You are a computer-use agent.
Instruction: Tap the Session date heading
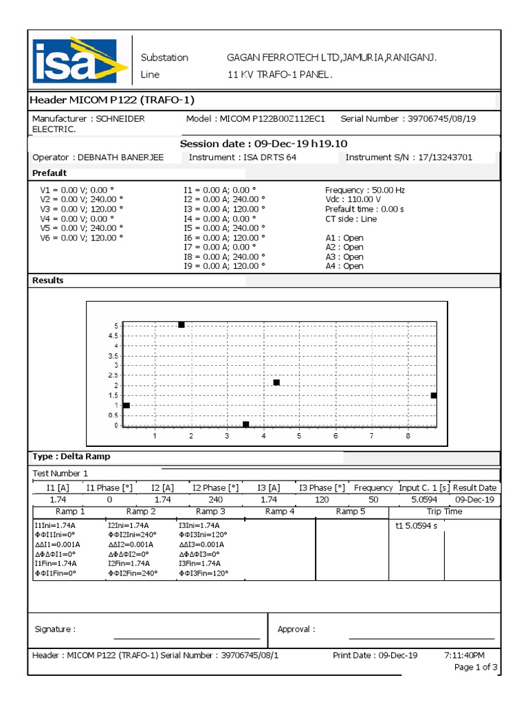[x=263, y=144]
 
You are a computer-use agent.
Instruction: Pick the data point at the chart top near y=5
[x=181, y=324]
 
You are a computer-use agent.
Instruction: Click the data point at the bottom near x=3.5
[x=246, y=425]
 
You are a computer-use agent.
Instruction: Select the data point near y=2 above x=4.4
[x=276, y=382]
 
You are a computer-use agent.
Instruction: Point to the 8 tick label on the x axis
[x=408, y=436]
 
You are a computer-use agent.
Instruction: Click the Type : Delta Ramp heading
[x=71, y=456]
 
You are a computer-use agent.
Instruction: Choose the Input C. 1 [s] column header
[x=423, y=487]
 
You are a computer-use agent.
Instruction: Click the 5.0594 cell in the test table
[x=423, y=500]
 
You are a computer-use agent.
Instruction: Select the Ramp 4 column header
[x=280, y=511]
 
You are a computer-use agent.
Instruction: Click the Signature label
[x=55, y=629]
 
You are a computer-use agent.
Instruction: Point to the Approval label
[x=296, y=629]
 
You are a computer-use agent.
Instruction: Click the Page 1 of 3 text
[x=476, y=668]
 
